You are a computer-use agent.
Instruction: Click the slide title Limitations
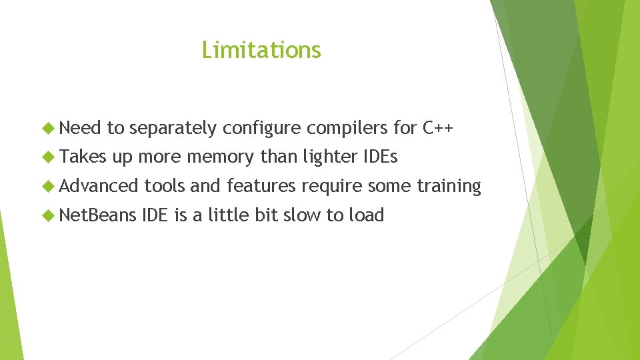tap(261, 50)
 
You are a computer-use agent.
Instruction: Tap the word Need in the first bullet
tap(80, 127)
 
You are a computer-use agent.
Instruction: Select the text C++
tap(438, 127)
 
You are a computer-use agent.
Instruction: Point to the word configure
tap(262, 128)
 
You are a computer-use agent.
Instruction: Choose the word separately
tap(174, 129)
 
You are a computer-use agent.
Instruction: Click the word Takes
tap(82, 157)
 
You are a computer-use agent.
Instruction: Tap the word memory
tap(221, 157)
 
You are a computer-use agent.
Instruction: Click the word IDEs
tap(381, 157)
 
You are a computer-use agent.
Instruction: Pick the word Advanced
tap(99, 186)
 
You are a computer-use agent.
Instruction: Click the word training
tap(449, 187)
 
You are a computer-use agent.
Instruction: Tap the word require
tap(332, 187)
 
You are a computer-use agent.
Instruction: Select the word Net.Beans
tap(98, 215)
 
